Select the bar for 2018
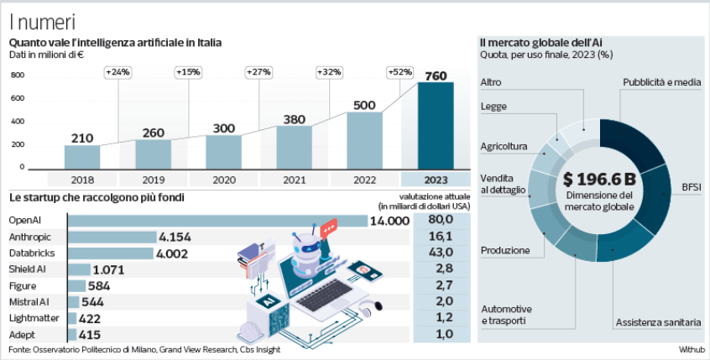(82, 156)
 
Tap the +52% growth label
(400, 72)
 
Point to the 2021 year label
(295, 179)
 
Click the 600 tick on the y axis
(18, 98)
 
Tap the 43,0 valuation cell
(441, 253)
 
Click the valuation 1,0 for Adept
(441, 333)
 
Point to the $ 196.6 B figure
(599, 179)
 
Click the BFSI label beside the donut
(691, 186)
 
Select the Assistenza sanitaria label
(658, 322)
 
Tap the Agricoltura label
(504, 147)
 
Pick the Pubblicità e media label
(662, 82)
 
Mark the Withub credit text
(692, 349)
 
